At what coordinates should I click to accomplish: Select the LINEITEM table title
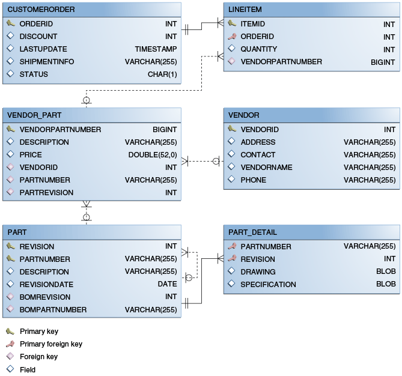click(245, 10)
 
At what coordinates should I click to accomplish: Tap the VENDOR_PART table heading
click(34, 115)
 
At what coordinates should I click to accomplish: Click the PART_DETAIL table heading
click(253, 232)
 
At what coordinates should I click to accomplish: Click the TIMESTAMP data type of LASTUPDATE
click(156, 49)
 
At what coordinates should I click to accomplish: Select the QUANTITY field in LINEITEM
click(258, 49)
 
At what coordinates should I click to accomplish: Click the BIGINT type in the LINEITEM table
click(383, 62)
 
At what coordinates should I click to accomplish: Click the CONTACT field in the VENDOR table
click(258, 154)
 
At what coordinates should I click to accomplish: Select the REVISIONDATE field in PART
click(46, 284)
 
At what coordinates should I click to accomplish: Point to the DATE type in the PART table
click(167, 284)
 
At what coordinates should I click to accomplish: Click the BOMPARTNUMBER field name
click(53, 309)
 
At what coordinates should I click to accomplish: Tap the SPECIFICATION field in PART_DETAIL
click(268, 284)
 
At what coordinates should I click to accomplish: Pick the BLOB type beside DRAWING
click(386, 271)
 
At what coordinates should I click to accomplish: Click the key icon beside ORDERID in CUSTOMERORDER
click(10, 24)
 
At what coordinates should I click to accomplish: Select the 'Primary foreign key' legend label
click(50, 344)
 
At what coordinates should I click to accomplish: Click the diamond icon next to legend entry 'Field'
click(10, 369)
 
